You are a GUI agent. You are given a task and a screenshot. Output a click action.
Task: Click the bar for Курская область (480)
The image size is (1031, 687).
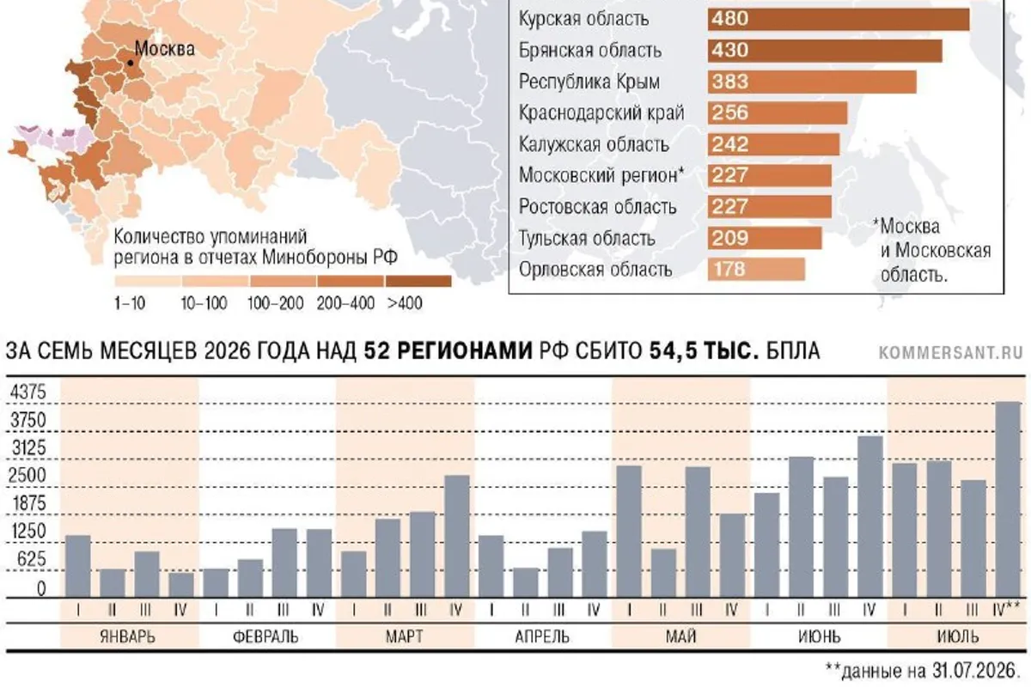coord(839,20)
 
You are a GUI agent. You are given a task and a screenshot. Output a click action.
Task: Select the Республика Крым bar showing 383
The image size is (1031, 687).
coord(812,82)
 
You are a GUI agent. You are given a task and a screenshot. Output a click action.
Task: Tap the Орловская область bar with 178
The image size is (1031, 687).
coord(756,269)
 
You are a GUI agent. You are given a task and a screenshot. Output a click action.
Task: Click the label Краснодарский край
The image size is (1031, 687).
coord(601,113)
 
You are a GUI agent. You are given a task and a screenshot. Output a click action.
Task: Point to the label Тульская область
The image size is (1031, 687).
coord(587,239)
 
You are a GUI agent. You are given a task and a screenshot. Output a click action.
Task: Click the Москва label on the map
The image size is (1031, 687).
coord(164,49)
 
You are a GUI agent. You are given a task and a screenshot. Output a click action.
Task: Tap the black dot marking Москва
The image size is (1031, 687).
coord(131,63)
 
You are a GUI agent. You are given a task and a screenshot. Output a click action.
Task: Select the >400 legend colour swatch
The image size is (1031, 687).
coord(418,281)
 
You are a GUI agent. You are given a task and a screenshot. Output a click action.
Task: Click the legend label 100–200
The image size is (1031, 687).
coord(275,304)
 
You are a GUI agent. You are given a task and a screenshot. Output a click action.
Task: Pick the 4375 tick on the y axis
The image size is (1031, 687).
coord(28,392)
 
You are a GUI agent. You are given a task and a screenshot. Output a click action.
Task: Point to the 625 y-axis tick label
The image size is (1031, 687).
coord(32,560)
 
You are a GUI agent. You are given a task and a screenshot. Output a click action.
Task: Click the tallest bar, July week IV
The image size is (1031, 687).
coord(1008,500)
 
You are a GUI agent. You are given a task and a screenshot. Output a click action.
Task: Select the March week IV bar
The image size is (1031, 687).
coord(456,537)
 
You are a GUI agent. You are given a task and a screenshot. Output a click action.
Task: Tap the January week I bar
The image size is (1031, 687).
coord(78,567)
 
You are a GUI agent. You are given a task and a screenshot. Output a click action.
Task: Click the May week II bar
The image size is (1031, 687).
coord(663,574)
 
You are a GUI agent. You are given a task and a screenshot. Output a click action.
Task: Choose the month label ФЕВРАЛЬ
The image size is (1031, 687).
coord(265,637)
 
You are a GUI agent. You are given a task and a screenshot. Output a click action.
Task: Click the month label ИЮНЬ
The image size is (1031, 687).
coord(820,637)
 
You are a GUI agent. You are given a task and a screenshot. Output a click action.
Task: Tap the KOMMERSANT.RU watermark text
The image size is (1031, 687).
coord(950,353)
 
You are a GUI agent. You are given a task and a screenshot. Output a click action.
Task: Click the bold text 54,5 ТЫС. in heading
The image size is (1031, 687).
coord(704,351)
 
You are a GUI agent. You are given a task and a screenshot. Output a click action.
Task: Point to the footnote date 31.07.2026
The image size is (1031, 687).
coord(974,671)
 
